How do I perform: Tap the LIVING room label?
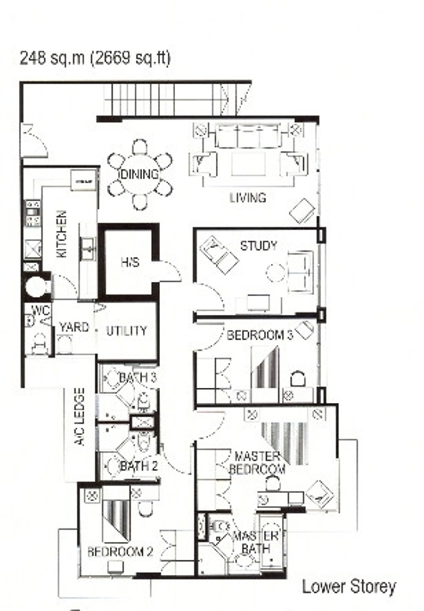tap(248, 198)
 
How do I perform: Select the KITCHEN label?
tap(62, 234)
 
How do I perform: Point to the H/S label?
tap(130, 262)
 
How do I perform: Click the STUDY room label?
tap(258, 246)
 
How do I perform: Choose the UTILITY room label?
tap(127, 331)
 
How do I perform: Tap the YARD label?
tap(74, 327)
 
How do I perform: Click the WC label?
tap(41, 310)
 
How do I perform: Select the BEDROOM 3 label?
tap(260, 335)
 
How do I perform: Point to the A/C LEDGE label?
tap(80, 417)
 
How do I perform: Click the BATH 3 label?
tap(138, 378)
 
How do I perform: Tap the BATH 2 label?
tap(139, 466)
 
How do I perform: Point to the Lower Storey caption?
tap(349, 587)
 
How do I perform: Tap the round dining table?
tap(140, 175)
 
